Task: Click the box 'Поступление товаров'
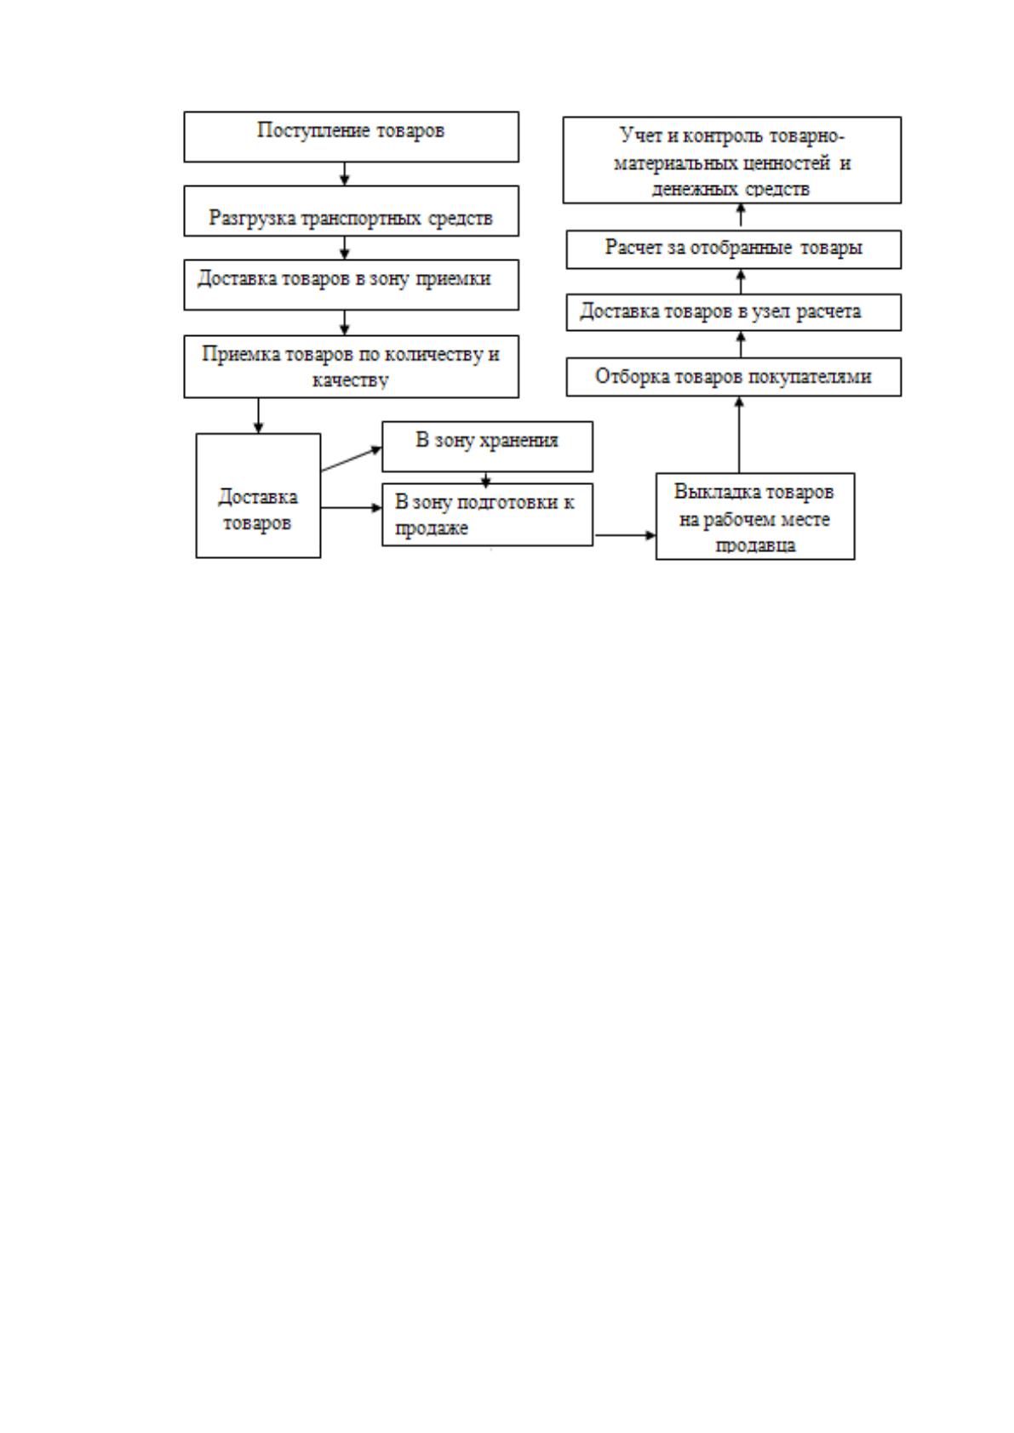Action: pyautogui.click(x=351, y=136)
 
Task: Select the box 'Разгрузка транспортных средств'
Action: pyautogui.click(x=351, y=210)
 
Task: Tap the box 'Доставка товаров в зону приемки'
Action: pyautogui.click(x=351, y=285)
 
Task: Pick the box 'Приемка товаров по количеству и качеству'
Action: pyautogui.click(x=351, y=366)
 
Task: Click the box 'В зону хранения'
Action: pyautogui.click(x=487, y=446)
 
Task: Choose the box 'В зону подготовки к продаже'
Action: pyautogui.click(x=487, y=514)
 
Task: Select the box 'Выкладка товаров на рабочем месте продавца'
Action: pyautogui.click(x=754, y=517)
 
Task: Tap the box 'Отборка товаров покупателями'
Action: pyautogui.click(x=734, y=377)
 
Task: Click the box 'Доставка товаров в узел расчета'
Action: pyautogui.click(x=734, y=312)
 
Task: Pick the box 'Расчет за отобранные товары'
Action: pyautogui.click(x=734, y=248)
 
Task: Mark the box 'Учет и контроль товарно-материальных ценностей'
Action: pyautogui.click(x=731, y=160)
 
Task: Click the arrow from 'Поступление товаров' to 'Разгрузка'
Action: pyautogui.click(x=345, y=174)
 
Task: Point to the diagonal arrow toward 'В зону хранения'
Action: pyautogui.click(x=352, y=459)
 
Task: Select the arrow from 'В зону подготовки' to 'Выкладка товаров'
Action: pyautogui.click(x=625, y=534)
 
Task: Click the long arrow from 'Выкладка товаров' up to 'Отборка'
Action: pyautogui.click(x=739, y=434)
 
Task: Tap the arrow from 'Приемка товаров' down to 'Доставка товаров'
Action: pyautogui.click(x=258, y=416)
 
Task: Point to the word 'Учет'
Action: pyautogui.click(x=641, y=135)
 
